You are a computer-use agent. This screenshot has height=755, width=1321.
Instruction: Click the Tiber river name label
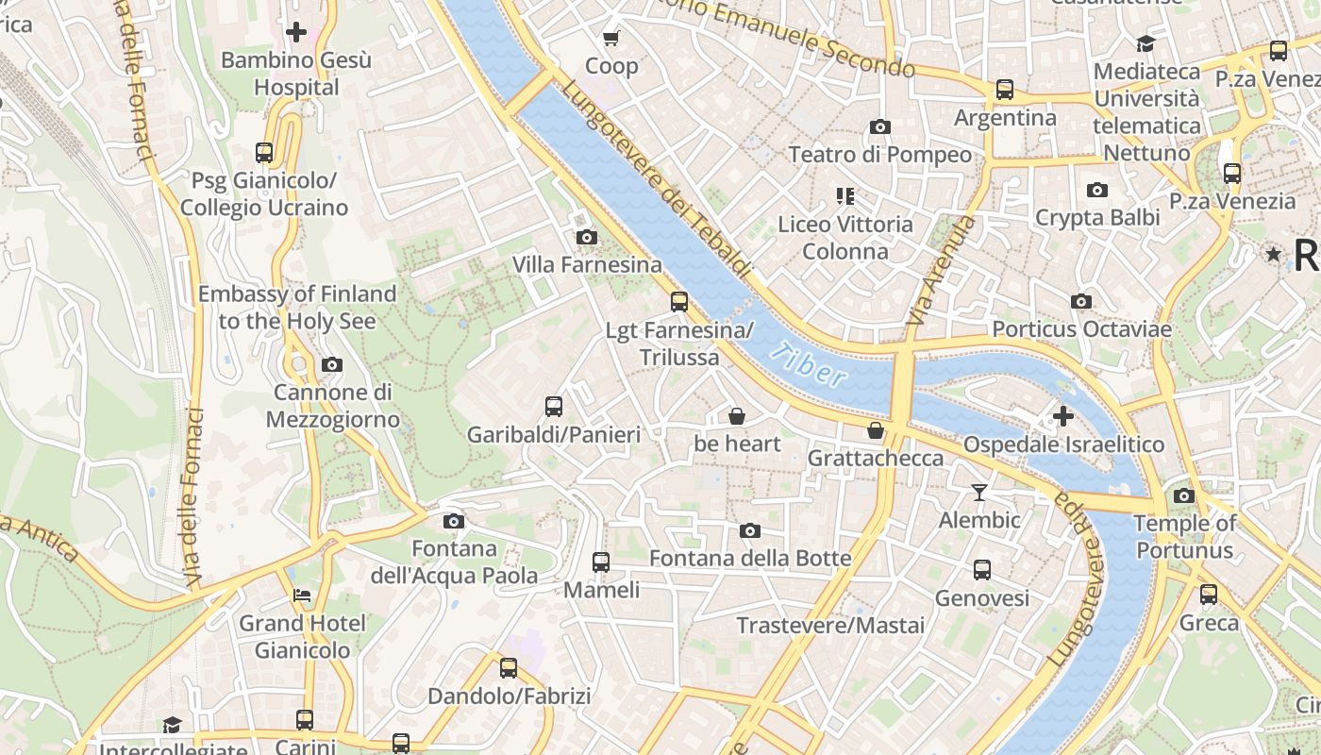coord(808,366)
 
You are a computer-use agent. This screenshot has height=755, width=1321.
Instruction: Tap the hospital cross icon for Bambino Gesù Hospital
coord(296,32)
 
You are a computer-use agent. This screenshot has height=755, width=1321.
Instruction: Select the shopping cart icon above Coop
coord(611,38)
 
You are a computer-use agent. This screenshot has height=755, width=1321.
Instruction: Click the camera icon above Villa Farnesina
coord(587,237)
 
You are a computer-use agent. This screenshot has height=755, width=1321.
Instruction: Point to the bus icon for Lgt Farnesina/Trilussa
coord(679,302)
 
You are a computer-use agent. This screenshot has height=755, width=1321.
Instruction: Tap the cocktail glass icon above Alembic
coord(979,492)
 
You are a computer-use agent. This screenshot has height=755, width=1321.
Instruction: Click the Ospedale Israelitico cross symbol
coord(1063,415)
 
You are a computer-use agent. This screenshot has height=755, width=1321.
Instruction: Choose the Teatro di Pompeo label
coord(879,154)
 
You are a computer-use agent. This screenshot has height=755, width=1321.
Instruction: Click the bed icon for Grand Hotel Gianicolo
coord(301,596)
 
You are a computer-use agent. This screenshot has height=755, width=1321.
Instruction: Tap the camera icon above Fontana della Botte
coord(750,530)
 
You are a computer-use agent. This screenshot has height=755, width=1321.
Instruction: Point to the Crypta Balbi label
coord(1097,217)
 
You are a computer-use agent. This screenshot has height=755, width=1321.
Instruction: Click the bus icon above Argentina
coord(1005,90)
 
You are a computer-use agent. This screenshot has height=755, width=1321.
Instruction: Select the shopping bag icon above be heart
coord(737,415)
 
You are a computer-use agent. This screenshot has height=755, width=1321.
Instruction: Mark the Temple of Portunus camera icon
coord(1184,495)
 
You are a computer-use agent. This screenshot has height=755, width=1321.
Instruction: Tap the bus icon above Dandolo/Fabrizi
coord(509,668)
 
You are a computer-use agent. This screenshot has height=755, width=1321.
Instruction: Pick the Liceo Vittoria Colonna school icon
coord(844,196)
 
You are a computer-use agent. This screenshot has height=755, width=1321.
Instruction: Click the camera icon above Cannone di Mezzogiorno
coord(332,364)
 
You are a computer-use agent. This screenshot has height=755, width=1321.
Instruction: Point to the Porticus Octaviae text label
coord(1081,329)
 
